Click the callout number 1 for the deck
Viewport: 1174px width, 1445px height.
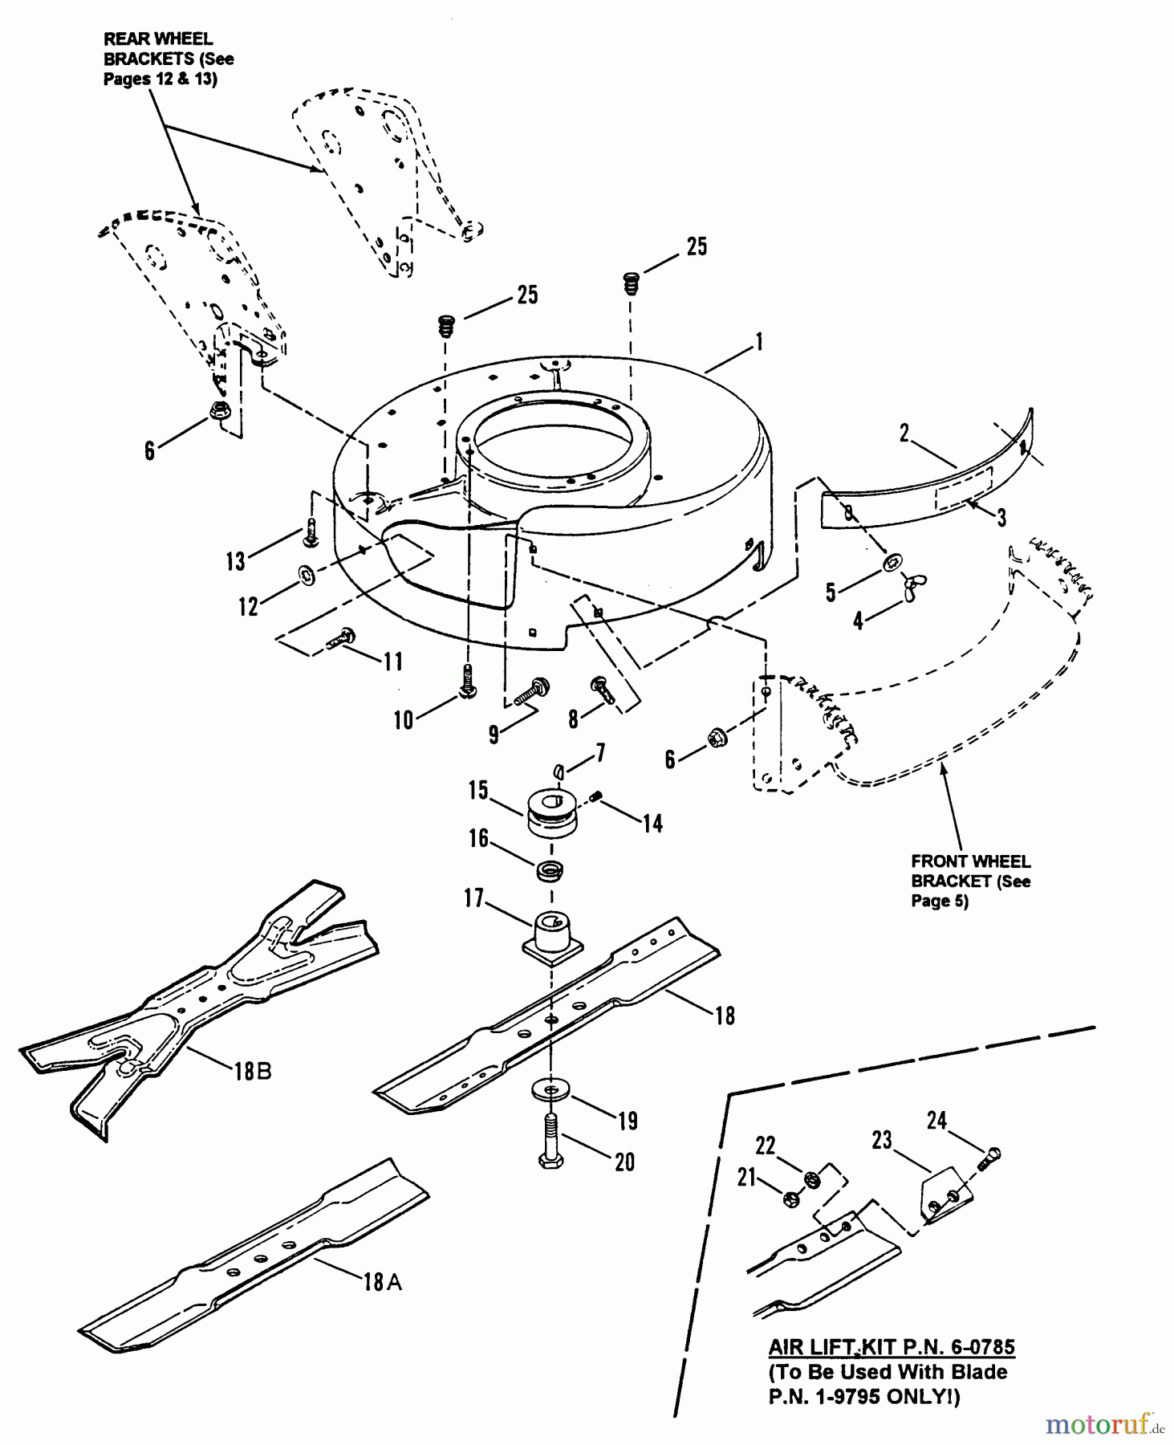758,343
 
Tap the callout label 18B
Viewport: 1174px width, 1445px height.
253,1071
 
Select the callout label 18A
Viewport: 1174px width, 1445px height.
383,1282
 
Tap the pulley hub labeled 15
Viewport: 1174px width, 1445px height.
551,812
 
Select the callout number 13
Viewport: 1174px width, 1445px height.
235,561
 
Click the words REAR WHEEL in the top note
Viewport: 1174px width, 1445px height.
158,39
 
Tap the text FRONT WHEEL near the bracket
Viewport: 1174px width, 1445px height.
970,861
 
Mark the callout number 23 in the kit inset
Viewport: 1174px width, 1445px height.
882,1140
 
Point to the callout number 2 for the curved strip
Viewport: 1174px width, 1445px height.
904,433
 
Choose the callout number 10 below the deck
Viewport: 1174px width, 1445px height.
403,720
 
